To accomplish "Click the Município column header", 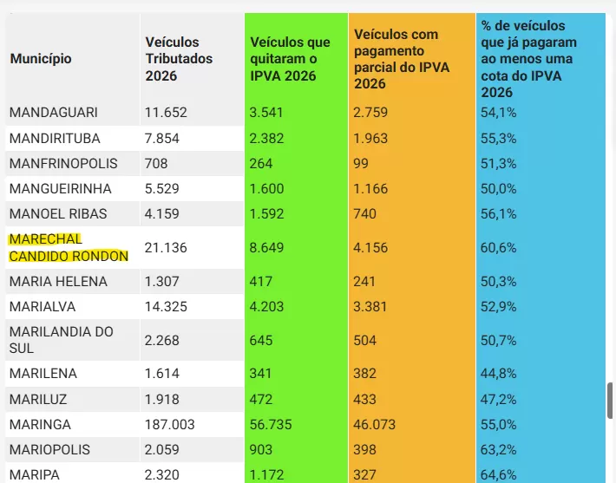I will click(x=41, y=59).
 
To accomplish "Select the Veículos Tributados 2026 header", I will click(x=173, y=59).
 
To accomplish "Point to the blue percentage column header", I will click(x=523, y=59).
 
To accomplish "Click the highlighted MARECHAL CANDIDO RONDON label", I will click(x=69, y=248).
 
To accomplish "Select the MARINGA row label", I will click(x=40, y=425).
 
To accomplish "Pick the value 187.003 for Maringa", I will click(x=170, y=425).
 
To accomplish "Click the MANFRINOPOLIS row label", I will click(x=62, y=163).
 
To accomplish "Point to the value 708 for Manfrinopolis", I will click(x=156, y=163).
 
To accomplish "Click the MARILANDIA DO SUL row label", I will click(x=61, y=340).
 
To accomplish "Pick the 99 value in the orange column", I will click(x=361, y=163).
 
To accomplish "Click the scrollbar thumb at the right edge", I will click(x=611, y=400).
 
